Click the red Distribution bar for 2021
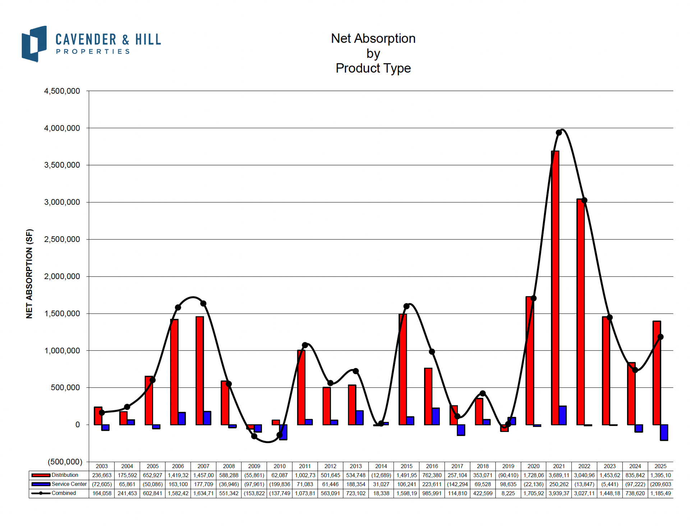click(x=555, y=287)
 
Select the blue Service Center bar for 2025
click(x=664, y=432)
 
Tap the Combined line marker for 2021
click(x=559, y=132)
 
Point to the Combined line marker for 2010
click(x=280, y=435)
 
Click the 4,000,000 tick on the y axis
click(x=62, y=128)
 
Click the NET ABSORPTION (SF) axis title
click(x=29, y=274)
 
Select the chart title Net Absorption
click(x=373, y=38)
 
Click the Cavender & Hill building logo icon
click(x=34, y=44)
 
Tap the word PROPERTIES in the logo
click(x=93, y=52)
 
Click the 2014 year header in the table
click(x=381, y=466)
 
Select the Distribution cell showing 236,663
click(x=102, y=475)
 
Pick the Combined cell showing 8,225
click(x=508, y=493)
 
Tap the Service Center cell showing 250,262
click(x=559, y=484)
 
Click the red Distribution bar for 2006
click(x=174, y=372)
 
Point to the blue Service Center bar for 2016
click(x=436, y=416)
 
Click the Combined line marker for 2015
click(x=406, y=306)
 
